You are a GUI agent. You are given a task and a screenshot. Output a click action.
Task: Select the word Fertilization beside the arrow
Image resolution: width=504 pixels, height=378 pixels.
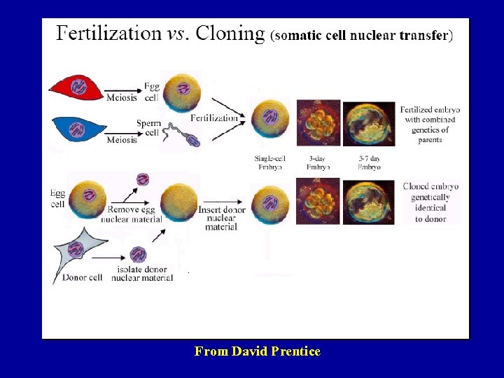pos(213,118)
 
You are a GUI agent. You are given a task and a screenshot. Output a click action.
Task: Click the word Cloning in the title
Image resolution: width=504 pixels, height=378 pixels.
pos(231,34)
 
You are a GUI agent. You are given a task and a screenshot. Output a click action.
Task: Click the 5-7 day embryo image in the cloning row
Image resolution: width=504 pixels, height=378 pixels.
pos(369,202)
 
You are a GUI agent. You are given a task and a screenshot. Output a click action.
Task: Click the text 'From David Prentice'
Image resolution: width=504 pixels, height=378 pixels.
pos(257,351)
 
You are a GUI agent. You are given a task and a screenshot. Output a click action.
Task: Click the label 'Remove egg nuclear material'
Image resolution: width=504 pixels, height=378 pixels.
pos(135,214)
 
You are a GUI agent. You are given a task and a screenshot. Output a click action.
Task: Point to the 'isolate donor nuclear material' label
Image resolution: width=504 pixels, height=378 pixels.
pos(142,273)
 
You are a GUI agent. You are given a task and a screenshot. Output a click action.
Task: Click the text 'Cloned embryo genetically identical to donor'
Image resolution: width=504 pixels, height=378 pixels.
pos(430,202)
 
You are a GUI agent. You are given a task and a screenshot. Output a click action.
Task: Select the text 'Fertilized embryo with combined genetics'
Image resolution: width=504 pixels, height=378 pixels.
pos(430,125)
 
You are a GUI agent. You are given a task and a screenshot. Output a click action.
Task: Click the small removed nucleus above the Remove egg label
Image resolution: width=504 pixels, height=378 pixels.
pos(143,179)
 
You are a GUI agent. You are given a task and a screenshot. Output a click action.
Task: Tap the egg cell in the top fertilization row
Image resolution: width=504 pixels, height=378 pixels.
pos(181,91)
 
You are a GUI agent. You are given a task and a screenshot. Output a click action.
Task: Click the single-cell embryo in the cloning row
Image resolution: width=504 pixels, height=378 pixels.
pos(269,202)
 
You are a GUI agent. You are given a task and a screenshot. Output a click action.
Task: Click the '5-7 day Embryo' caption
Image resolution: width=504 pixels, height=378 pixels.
pos(368,162)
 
